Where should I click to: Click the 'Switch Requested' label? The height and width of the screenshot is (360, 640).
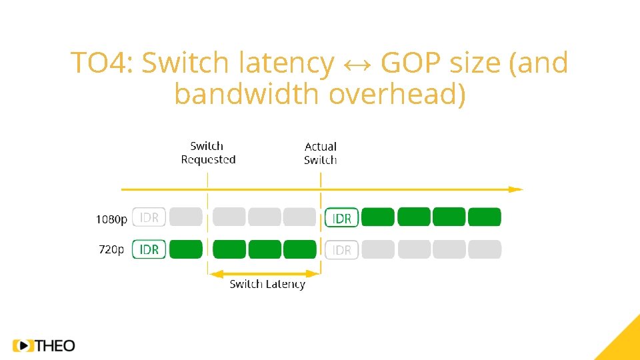[208, 153]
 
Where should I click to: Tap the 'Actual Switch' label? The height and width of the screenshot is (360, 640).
[321, 153]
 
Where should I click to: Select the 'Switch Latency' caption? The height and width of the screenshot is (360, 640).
[267, 284]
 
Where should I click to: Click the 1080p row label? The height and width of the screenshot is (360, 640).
[111, 219]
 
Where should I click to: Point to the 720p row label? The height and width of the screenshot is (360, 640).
[111, 249]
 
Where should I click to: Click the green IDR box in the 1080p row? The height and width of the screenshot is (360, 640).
[341, 218]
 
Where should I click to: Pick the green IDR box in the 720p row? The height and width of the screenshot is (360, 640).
[149, 249]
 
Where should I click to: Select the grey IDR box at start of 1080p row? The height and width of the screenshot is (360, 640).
[149, 217]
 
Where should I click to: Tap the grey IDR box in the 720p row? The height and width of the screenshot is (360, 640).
[341, 250]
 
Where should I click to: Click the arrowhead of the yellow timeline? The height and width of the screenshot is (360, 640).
[517, 189]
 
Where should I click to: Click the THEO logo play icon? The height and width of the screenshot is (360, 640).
[23, 345]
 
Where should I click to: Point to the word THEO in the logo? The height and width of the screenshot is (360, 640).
[55, 345]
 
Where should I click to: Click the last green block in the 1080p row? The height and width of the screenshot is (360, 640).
[484, 217]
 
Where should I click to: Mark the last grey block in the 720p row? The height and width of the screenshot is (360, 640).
[484, 249]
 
